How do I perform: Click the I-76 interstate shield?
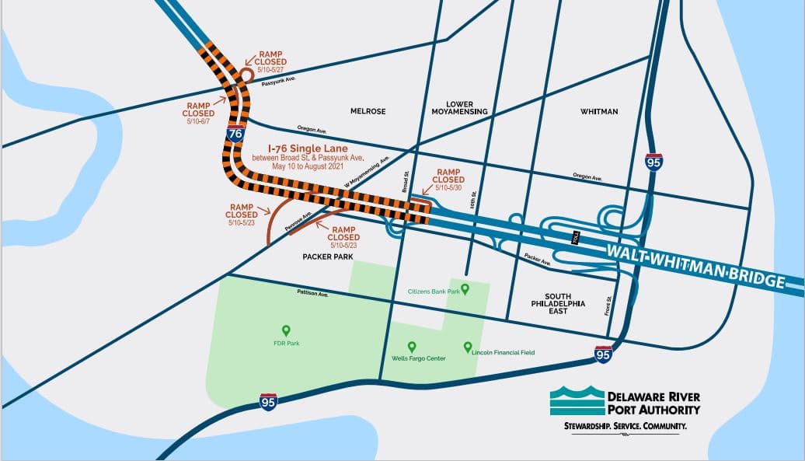236,131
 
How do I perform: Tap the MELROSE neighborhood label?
368,111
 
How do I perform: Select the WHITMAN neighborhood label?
599,111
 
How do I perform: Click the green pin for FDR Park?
286,330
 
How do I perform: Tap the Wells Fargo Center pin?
412,347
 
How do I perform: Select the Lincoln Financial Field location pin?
468,347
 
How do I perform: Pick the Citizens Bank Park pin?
465,289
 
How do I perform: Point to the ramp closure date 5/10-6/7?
199,122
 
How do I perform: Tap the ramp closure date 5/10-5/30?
448,188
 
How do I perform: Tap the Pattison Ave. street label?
313,294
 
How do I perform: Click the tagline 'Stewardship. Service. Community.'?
625,427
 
